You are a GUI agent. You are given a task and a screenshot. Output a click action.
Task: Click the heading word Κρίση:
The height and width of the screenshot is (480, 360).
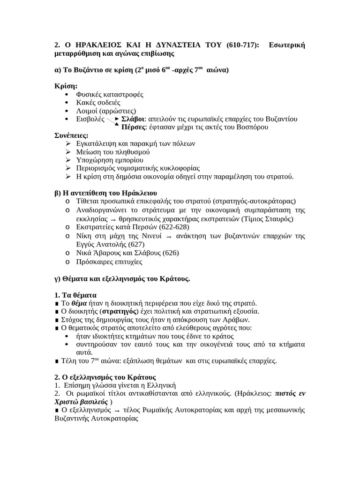click(x=66, y=86)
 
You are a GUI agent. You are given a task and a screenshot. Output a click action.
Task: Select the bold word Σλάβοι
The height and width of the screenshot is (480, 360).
click(x=133, y=119)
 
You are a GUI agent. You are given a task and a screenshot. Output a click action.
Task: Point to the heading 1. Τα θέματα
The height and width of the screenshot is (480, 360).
click(x=75, y=295)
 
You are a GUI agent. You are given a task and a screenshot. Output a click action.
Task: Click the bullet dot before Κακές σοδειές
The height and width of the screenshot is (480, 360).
click(x=68, y=102)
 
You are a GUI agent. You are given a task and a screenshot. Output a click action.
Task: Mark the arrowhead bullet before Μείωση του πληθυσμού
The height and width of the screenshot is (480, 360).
click(x=68, y=152)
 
